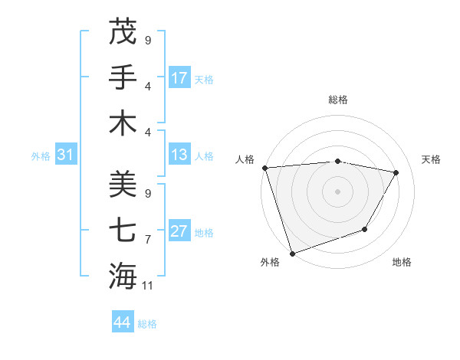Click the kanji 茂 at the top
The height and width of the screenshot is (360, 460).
(123, 31)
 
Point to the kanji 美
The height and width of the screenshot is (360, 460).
(123, 183)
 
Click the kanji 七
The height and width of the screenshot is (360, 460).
(123, 229)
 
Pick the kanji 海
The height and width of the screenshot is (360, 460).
(123, 275)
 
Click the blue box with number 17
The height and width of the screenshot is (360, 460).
(179, 77)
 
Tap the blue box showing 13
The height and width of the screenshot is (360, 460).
(179, 155)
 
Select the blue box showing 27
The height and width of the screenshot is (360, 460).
(179, 232)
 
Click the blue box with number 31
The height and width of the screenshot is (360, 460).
(65, 155)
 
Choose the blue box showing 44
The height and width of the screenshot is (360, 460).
(122, 323)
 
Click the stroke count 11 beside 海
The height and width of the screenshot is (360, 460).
(148, 286)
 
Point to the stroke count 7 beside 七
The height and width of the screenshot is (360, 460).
(148, 240)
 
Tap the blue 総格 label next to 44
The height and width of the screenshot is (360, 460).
(147, 324)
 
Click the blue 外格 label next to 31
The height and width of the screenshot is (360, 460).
(41, 156)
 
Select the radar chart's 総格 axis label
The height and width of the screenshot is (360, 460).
(337, 100)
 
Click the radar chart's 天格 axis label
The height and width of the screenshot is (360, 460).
(432, 159)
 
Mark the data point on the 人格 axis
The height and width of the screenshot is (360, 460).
(264, 168)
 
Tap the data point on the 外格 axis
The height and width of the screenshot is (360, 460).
(292, 254)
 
